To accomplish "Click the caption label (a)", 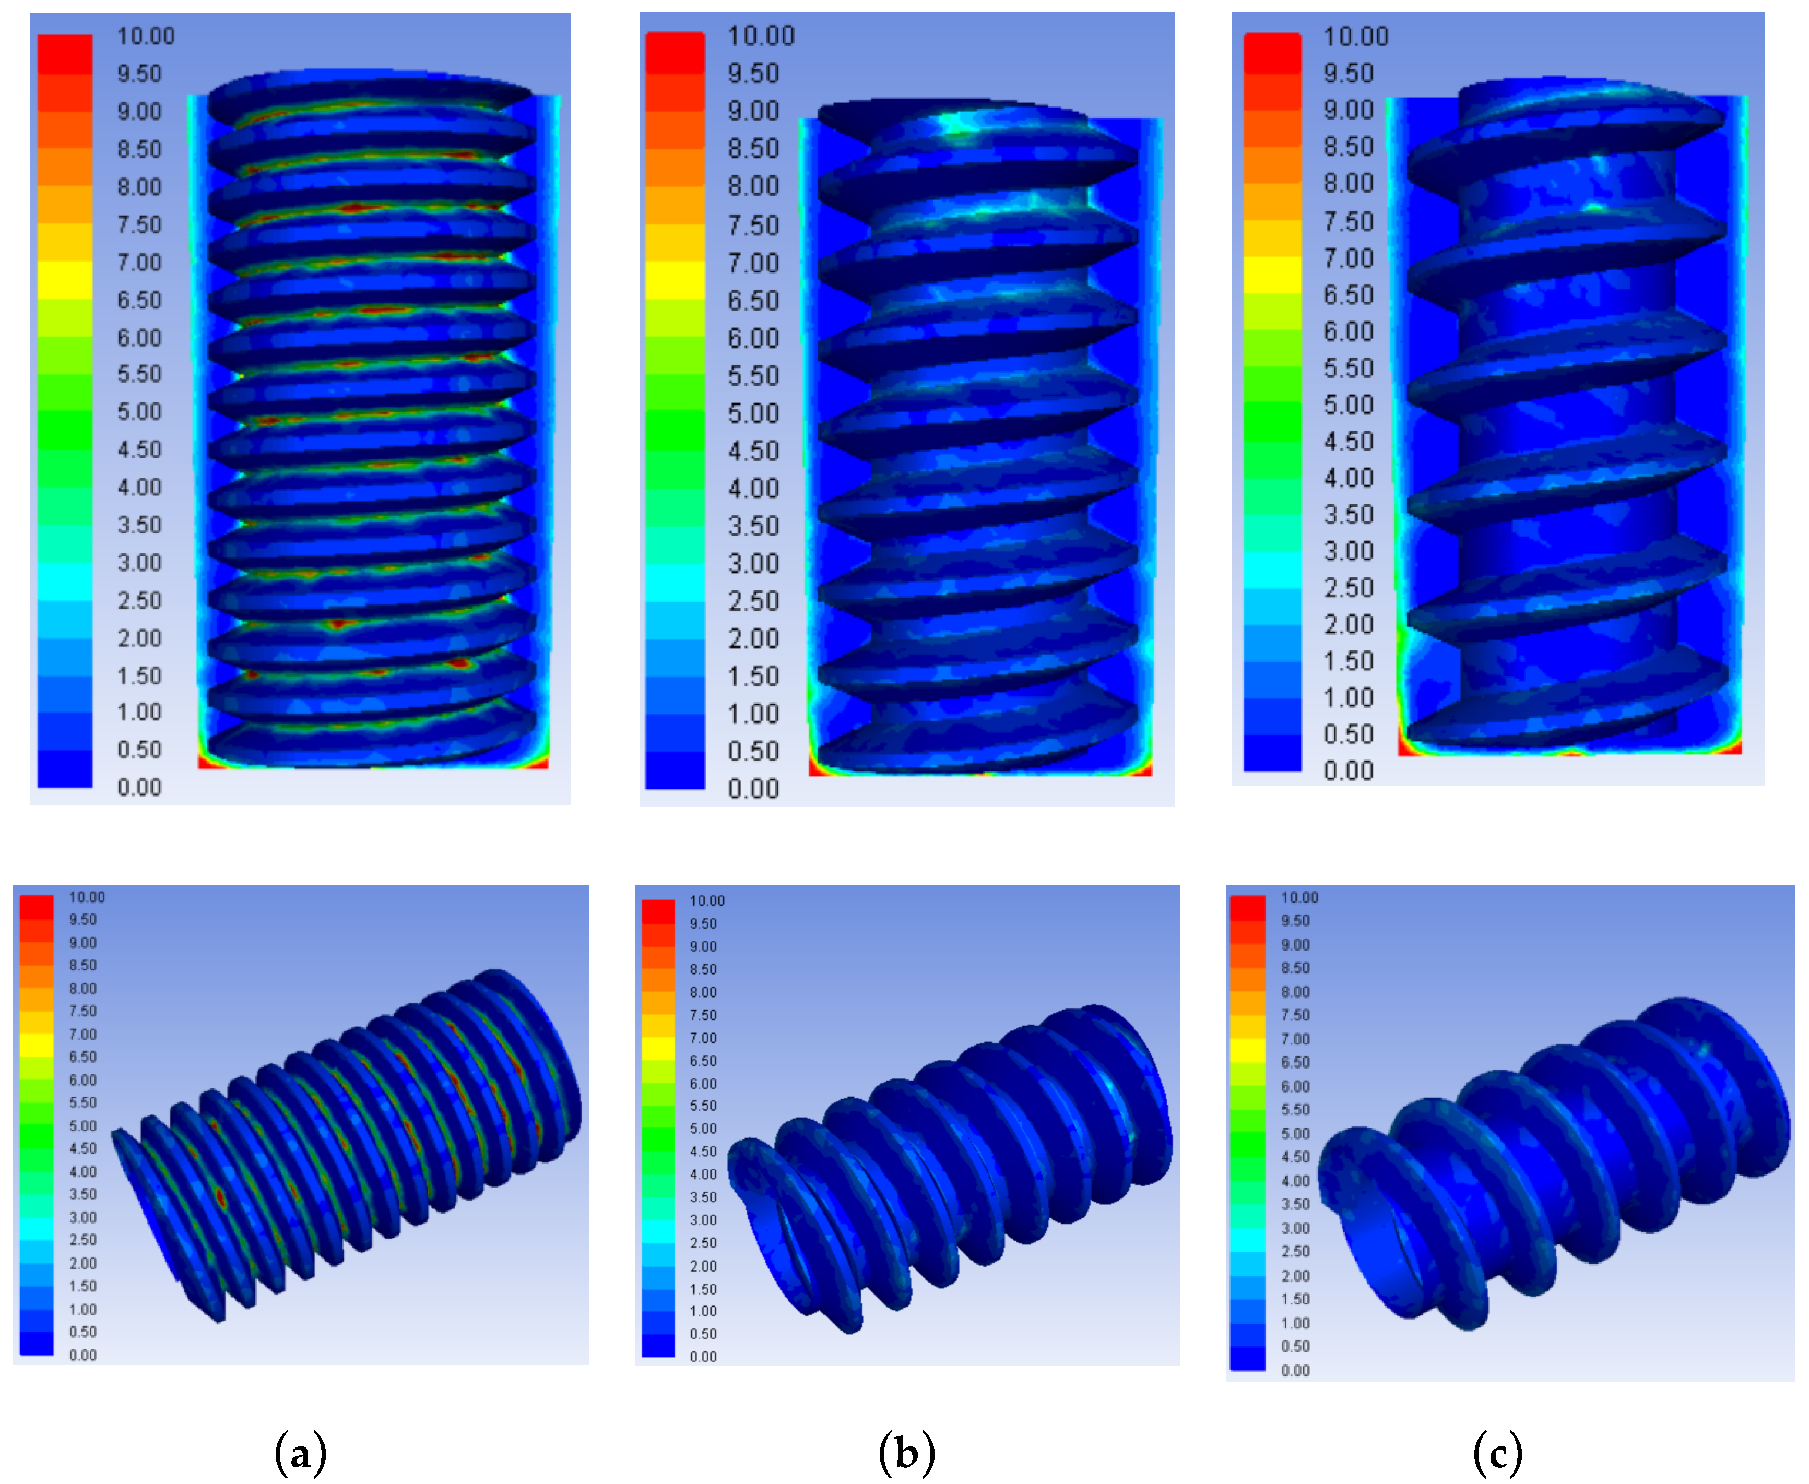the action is [x=300, y=1452].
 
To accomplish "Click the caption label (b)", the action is [x=906, y=1452].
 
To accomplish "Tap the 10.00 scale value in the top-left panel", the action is [x=145, y=36].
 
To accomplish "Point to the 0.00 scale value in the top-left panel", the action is [x=139, y=787].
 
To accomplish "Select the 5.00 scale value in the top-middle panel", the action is [x=753, y=414].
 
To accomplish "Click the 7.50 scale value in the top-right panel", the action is [x=1348, y=221].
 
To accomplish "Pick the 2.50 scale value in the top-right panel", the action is [x=1348, y=587].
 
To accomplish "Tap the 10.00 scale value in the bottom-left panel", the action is [x=86, y=897].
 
